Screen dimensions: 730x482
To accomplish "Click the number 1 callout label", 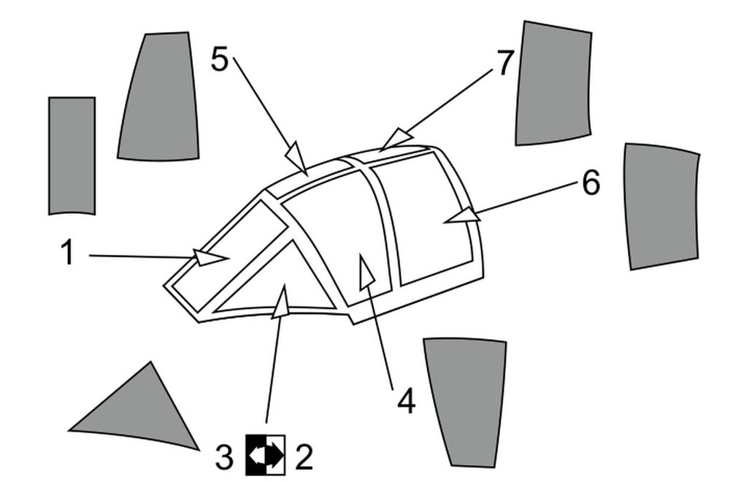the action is (x=68, y=252).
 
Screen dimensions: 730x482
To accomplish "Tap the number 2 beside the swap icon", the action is (x=304, y=457).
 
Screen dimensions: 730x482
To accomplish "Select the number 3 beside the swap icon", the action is (x=224, y=457).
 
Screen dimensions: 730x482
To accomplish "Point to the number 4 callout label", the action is (x=407, y=401).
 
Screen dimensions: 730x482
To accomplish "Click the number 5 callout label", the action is (x=220, y=59).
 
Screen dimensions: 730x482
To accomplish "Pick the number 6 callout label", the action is (x=591, y=182).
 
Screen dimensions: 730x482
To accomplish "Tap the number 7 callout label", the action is (x=505, y=62).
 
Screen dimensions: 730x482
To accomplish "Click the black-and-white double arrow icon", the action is (x=266, y=455).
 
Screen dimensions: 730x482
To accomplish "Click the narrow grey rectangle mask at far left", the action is (x=72, y=156).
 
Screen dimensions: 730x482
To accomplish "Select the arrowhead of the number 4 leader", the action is (x=366, y=272).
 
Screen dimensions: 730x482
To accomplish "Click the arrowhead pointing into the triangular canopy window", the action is (x=280, y=302).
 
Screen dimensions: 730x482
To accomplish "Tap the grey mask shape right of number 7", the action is (x=553, y=83).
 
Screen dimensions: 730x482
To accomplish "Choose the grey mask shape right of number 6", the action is (x=662, y=206).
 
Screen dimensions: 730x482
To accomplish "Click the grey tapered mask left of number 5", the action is (x=159, y=96).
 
